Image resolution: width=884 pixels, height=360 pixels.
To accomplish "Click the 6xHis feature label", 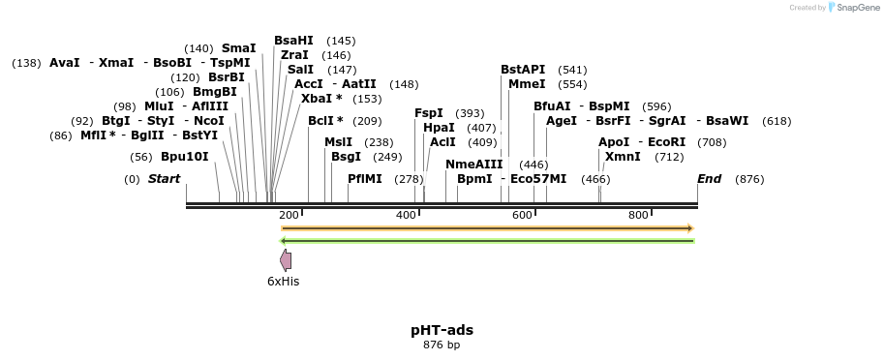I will click(x=284, y=281).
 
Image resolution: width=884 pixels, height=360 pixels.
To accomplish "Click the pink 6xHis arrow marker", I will click(x=286, y=259).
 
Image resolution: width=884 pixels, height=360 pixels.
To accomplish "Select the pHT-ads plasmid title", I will click(x=442, y=330).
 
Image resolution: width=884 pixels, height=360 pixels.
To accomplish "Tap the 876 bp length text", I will click(x=442, y=345).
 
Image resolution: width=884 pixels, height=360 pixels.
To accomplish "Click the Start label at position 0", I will click(x=164, y=179).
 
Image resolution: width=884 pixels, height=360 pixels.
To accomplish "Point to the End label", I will click(x=709, y=179).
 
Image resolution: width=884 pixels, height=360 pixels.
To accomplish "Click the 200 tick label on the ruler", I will click(x=289, y=215).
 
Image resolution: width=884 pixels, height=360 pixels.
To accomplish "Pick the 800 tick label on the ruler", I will click(x=638, y=215).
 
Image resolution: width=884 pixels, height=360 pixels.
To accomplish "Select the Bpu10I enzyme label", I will click(x=184, y=156).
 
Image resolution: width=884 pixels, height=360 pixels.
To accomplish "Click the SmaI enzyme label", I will click(x=238, y=47).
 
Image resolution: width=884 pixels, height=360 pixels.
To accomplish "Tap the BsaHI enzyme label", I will click(x=293, y=41).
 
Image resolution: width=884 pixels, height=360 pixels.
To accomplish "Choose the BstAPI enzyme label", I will click(x=523, y=70).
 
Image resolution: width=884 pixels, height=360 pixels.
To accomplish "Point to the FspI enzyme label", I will click(x=428, y=113).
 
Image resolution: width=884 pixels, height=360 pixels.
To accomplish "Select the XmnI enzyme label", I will click(x=622, y=156).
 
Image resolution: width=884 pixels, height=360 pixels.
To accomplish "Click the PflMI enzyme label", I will click(x=365, y=179).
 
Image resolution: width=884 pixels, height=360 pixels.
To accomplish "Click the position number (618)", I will click(x=777, y=121).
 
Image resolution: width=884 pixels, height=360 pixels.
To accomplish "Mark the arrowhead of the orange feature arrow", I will click(x=689, y=228).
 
